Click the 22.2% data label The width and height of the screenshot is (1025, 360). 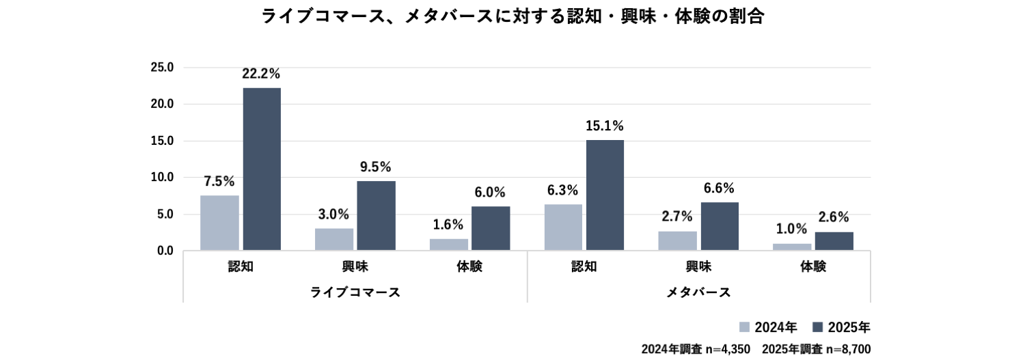point(261,74)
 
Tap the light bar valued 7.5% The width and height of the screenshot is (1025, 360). point(219,223)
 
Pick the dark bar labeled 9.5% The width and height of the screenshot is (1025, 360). point(376,215)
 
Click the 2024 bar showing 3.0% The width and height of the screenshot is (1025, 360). point(334,239)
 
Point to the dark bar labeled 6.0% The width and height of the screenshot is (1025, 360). point(491,228)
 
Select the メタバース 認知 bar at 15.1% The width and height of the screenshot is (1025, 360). point(605,195)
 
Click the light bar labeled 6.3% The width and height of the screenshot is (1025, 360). point(563,227)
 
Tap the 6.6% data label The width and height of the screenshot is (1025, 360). point(719,188)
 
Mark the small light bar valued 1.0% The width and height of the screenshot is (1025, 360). point(792,247)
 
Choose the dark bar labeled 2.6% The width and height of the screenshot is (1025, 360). point(834,241)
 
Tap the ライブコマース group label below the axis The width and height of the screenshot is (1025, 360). point(355,292)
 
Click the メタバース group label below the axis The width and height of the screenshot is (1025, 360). point(698,292)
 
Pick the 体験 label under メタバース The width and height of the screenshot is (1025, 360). point(813,266)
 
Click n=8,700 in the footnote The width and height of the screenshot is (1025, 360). point(849,349)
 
